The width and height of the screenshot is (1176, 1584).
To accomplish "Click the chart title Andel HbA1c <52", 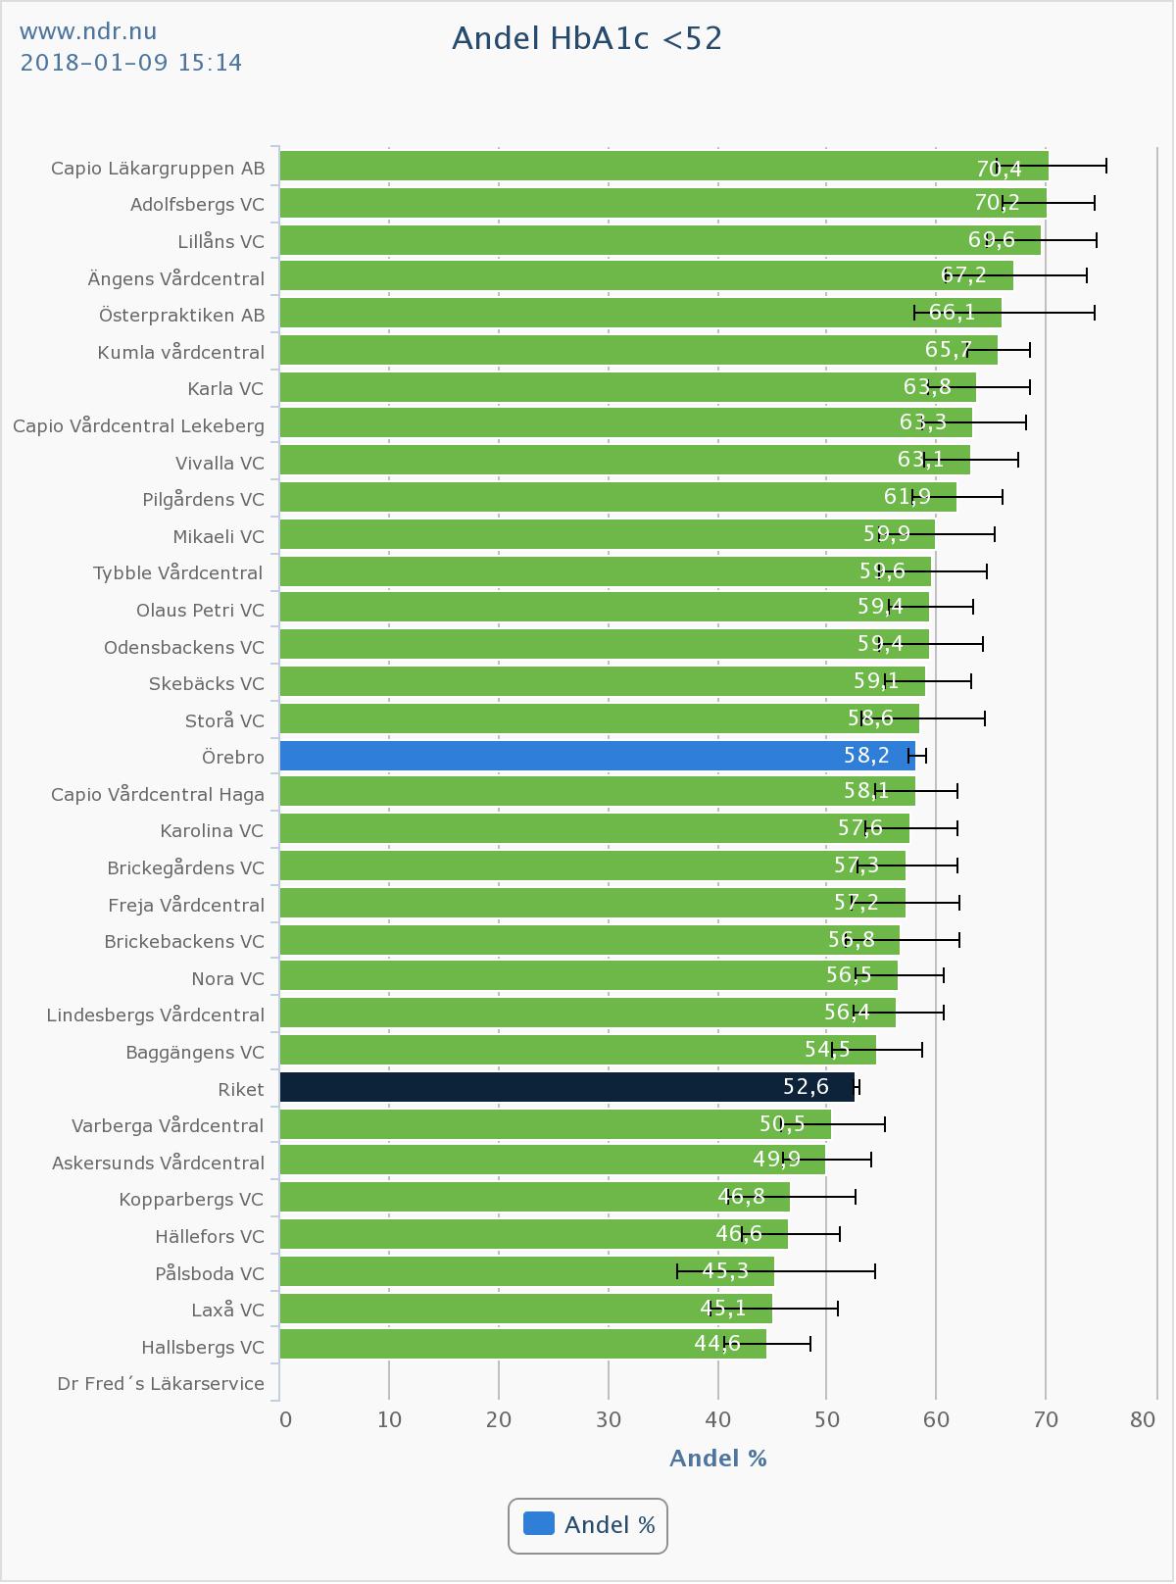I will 587,38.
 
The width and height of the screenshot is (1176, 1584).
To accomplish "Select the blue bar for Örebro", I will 588,756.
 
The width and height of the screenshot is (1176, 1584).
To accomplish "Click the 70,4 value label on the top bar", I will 999,169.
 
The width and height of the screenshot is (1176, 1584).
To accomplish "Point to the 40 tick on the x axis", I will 718,1419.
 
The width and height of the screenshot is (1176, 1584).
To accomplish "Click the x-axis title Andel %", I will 717,1459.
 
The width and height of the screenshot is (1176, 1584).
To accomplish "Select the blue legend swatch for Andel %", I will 539,1524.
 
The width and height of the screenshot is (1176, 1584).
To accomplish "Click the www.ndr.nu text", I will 88,32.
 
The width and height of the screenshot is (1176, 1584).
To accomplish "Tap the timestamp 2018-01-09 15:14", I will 131,63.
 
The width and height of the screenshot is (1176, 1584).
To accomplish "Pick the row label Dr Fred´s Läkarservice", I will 161,1384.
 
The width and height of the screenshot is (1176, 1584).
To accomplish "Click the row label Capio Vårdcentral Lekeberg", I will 138,425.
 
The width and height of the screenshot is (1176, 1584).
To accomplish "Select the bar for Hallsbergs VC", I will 522,1345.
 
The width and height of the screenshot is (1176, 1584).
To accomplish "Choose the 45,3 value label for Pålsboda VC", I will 725,1271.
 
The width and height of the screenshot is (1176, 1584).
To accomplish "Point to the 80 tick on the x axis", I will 1143,1419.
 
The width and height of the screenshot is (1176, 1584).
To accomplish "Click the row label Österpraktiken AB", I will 181,315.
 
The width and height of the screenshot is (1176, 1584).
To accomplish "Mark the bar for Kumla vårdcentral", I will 637,350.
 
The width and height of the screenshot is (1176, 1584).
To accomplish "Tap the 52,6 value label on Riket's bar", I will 806,1087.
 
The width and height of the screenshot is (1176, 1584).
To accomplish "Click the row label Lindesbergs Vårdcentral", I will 156,1015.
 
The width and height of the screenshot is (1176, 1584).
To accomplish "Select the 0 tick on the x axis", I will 285,1419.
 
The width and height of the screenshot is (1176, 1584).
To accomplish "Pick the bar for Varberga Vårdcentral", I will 555,1124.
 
